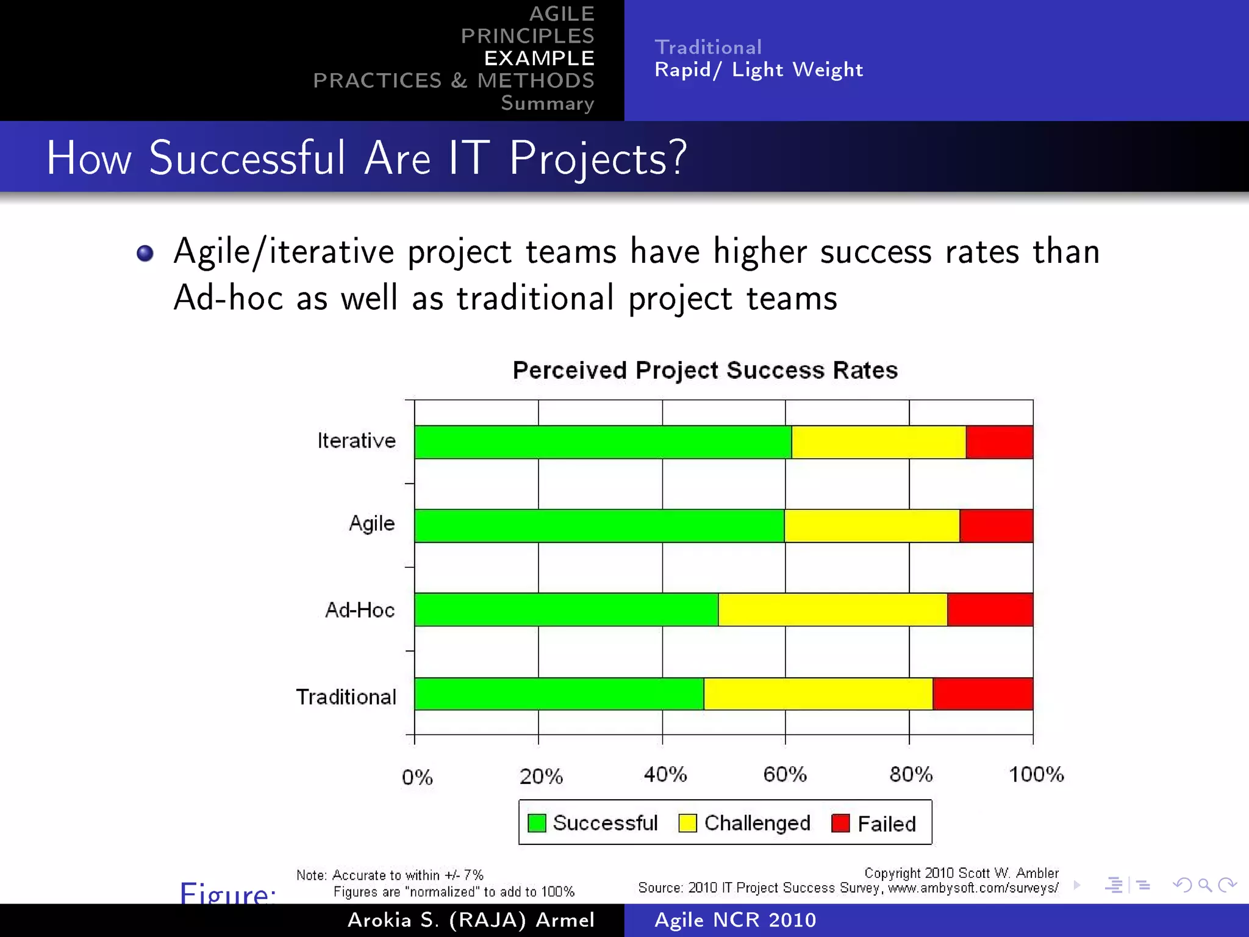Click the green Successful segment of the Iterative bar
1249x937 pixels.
(603, 442)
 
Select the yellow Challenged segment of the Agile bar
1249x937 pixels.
(871, 526)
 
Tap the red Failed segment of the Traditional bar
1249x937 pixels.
(982, 694)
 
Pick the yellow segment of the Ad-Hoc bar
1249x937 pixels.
(832, 609)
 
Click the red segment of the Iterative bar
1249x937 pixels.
(999, 442)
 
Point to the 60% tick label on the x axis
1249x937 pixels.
(785, 775)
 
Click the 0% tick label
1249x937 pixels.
(417, 777)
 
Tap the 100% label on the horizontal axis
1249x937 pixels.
(1036, 775)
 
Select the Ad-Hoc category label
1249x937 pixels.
(360, 610)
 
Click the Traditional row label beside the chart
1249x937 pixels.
(346, 697)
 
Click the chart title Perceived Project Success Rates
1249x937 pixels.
(705, 370)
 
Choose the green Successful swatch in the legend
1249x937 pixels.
(537, 823)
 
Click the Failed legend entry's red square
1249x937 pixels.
(840, 823)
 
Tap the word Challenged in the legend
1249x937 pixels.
(757, 823)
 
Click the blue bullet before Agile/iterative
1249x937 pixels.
(145, 253)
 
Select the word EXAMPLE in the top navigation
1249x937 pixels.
(539, 58)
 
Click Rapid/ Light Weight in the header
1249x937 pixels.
(759, 70)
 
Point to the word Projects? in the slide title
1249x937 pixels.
(598, 158)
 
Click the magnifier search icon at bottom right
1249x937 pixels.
(1204, 885)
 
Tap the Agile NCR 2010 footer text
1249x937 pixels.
(735, 920)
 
